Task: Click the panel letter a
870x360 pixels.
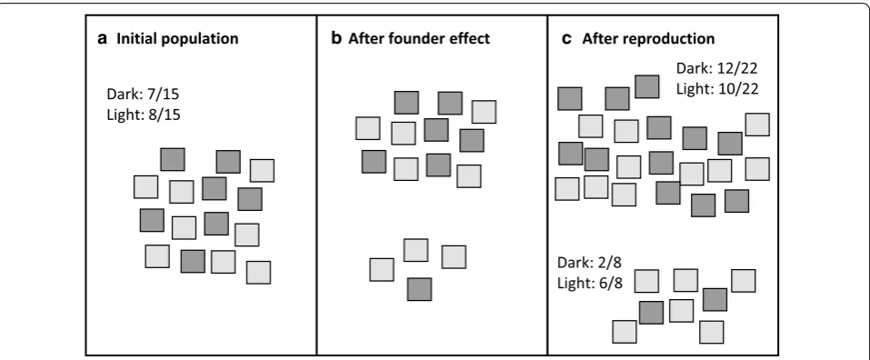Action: pos(102,39)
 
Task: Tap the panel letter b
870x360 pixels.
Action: pos(336,38)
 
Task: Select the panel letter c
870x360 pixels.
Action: pos(566,39)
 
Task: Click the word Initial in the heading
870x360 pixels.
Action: pos(134,38)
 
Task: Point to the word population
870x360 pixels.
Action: pos(196,39)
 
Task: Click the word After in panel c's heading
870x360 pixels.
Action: pos(597,38)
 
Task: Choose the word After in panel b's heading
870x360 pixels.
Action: pos(364,38)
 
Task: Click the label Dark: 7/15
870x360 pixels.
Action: pos(143,95)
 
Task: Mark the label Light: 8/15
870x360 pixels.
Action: pos(144,115)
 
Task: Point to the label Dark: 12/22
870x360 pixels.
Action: pos(717,68)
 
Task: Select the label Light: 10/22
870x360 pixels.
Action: pos(717,89)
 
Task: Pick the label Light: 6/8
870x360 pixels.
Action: pos(590,283)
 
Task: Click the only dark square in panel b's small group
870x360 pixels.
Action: pos(419,290)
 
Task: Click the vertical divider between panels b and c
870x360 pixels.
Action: pos(547,185)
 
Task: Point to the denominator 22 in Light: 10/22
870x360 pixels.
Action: pos(750,89)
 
